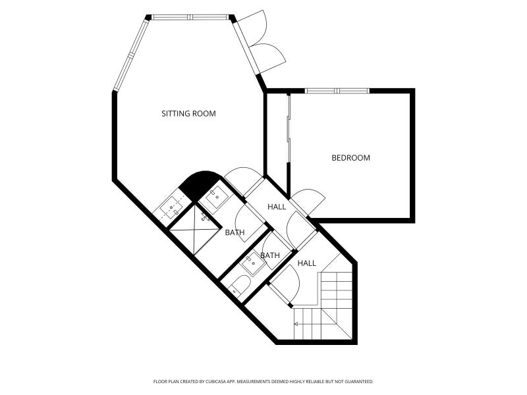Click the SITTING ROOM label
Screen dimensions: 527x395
pyautogui.click(x=188, y=113)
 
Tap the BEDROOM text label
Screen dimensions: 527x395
pyautogui.click(x=350, y=157)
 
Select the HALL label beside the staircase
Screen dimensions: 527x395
pyautogui.click(x=306, y=263)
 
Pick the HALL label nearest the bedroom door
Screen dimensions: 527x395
pyautogui.click(x=277, y=207)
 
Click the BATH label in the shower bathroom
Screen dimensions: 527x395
pyautogui.click(x=235, y=232)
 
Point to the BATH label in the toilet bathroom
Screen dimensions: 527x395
pyautogui.click(x=270, y=255)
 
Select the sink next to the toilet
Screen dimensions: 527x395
pyautogui.click(x=254, y=263)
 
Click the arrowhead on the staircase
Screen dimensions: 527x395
pyautogui.click(x=296, y=324)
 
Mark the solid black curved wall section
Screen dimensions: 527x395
pyautogui.click(x=199, y=184)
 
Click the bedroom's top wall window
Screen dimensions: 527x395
pyautogui.click(x=337, y=91)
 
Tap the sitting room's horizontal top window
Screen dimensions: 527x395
pyautogui.click(x=190, y=17)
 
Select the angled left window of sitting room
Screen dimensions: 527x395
pyautogui.click(x=130, y=54)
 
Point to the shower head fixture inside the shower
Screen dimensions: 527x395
pyautogui.click(x=206, y=217)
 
